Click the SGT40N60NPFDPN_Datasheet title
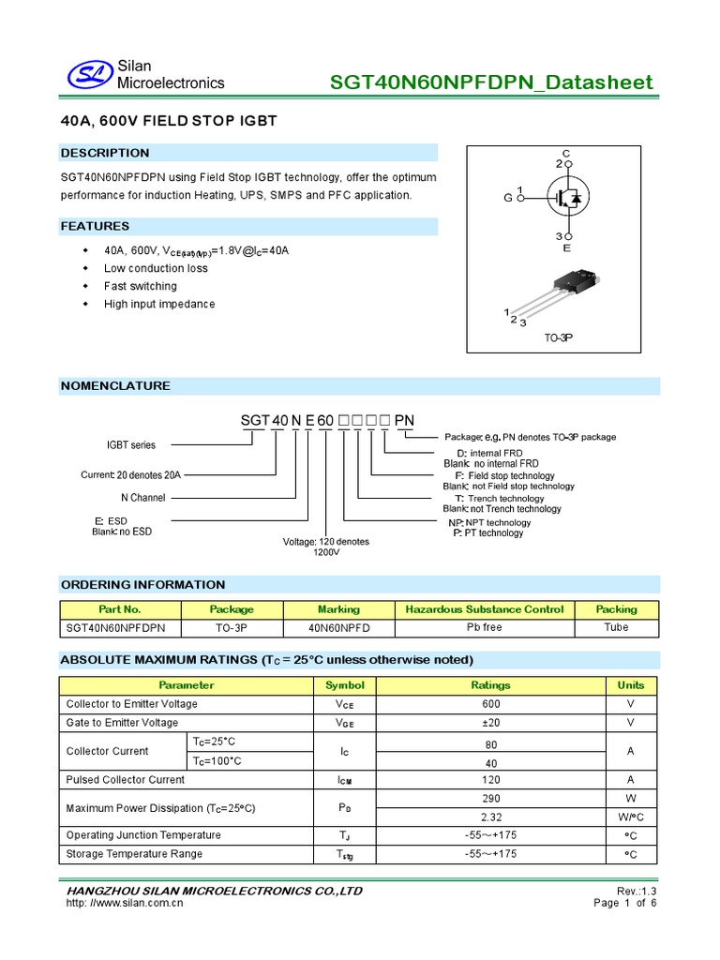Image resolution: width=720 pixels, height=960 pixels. point(491,82)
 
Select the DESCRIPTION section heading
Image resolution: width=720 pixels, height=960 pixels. point(105,153)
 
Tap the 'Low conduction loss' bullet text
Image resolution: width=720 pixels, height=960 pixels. point(156,268)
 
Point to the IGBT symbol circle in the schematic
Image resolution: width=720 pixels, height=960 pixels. point(567,198)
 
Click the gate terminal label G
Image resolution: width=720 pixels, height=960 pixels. point(508,198)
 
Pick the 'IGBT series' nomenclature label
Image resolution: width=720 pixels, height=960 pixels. point(130,445)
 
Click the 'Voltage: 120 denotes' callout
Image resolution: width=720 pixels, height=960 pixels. point(326,542)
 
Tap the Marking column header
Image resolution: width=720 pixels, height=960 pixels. point(338,609)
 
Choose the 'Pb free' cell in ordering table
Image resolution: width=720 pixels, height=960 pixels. point(484,627)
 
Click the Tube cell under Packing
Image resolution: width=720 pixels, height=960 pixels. point(616,627)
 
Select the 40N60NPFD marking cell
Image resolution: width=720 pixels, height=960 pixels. point(338,627)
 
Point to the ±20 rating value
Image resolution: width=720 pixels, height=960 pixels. point(490,723)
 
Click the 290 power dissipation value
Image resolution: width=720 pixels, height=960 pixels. point(490,798)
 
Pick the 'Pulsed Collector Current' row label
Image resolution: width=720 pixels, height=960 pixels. point(126,780)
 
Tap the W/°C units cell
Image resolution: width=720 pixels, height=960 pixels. point(631,817)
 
